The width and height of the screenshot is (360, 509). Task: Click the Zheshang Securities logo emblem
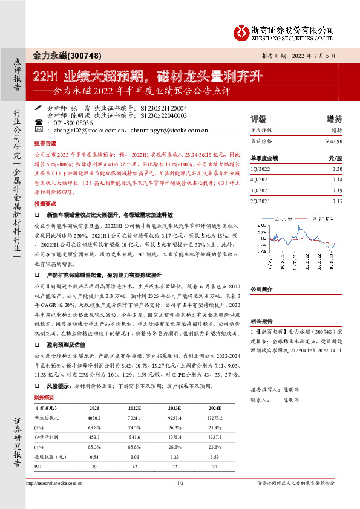point(242,30)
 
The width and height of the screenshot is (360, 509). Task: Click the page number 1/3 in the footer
point(180,501)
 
